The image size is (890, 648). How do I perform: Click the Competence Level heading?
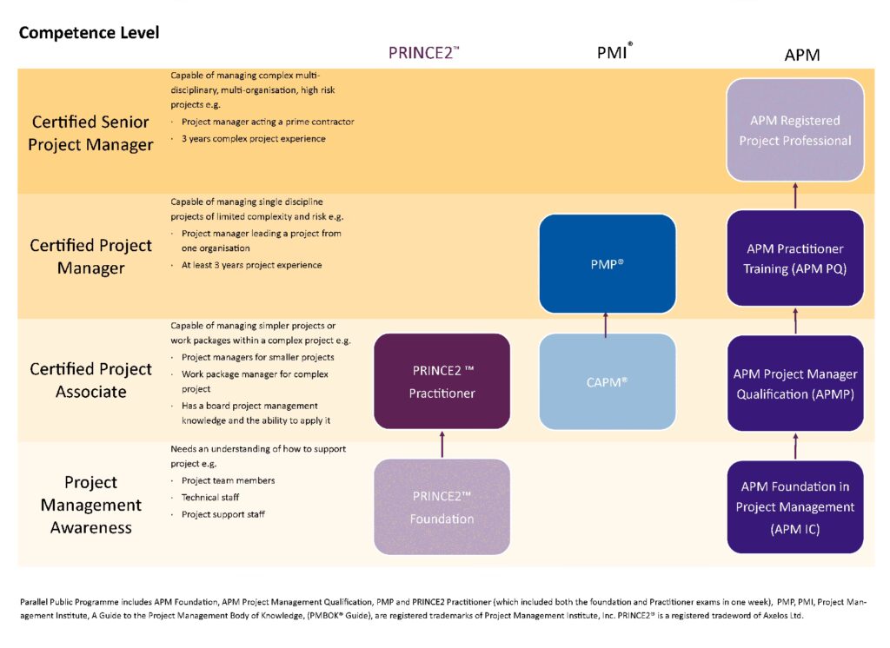[89, 33]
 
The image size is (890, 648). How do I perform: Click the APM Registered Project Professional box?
[794, 130]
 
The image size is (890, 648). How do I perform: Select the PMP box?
[607, 262]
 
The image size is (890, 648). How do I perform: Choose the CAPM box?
[607, 380]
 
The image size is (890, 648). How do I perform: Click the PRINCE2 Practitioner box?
[442, 381]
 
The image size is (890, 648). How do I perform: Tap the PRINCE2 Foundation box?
[442, 507]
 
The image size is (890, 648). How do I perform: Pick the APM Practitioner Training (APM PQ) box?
[794, 259]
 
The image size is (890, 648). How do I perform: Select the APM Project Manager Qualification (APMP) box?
[794, 384]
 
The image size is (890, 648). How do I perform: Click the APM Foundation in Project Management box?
[794, 506]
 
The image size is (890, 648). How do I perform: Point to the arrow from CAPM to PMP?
[607, 323]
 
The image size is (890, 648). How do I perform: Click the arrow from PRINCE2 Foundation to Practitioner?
[442, 443]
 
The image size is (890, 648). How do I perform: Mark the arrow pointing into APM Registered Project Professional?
[794, 196]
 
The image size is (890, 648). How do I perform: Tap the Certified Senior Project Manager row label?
[90, 133]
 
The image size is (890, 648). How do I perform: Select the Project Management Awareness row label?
[90, 505]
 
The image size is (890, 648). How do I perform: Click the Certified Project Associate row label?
[90, 380]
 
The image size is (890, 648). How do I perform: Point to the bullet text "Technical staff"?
[210, 497]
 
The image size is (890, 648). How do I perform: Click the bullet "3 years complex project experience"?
[254, 139]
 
